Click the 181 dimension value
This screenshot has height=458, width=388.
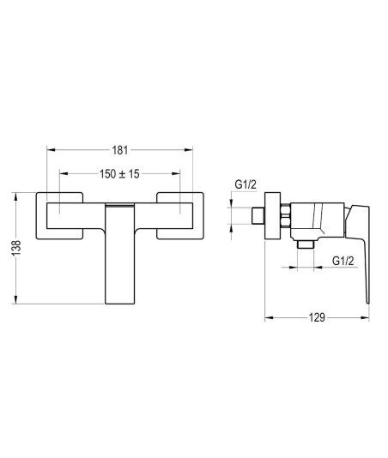120,150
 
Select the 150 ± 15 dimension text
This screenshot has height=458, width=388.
119,174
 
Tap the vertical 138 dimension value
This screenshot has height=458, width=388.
16,248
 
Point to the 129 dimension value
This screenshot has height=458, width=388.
318,317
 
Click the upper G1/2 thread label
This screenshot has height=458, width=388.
246,184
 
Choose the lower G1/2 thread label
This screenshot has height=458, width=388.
343,261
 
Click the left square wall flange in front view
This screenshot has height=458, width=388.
59,215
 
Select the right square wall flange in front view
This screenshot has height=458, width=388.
180,215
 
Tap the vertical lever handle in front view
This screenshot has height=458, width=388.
119,254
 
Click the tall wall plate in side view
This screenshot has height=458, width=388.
272,215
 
